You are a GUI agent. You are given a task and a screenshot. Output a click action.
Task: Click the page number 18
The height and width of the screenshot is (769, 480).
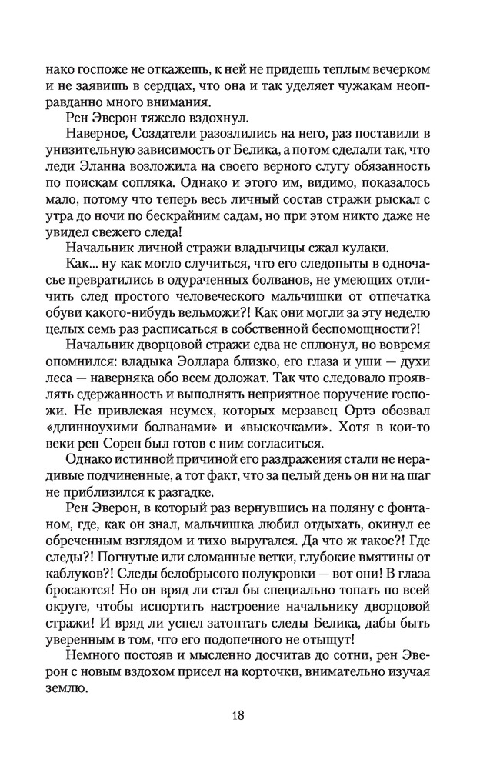pyautogui.click(x=239, y=714)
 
